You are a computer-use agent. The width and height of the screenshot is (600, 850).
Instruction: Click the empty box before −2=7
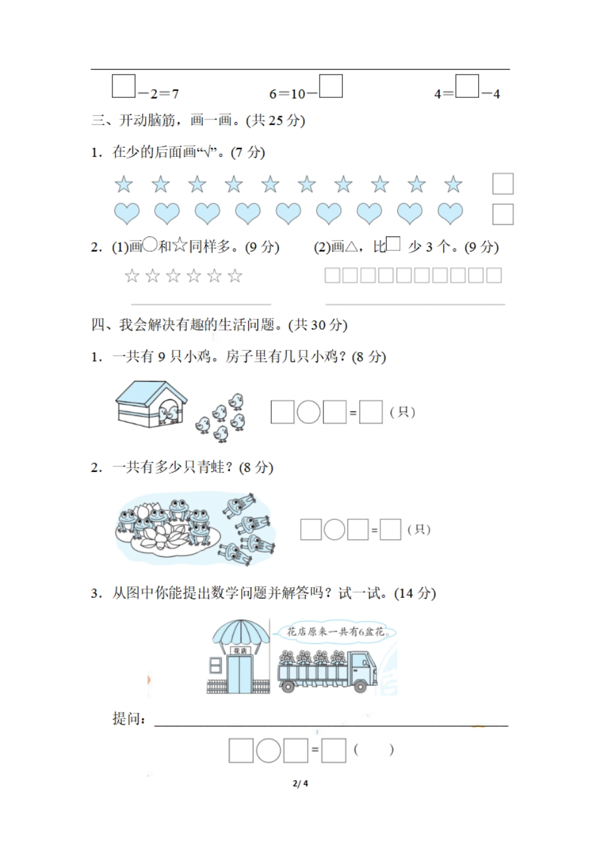click(123, 87)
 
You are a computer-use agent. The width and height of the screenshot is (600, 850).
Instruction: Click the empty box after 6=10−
click(331, 87)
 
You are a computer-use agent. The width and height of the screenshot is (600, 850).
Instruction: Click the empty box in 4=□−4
click(467, 87)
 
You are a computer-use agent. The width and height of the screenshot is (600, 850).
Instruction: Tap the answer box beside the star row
click(503, 184)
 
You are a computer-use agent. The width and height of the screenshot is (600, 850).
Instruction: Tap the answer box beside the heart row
click(503, 214)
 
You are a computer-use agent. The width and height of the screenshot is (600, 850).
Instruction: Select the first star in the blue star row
click(124, 185)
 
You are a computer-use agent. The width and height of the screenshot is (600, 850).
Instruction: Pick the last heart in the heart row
click(450, 214)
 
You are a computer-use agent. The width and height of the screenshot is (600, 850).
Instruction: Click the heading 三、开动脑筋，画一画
click(198, 120)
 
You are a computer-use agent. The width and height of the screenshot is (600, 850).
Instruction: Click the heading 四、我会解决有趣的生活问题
click(219, 325)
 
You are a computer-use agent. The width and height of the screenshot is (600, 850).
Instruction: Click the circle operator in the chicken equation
click(309, 412)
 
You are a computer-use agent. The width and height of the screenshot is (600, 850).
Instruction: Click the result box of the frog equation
click(390, 530)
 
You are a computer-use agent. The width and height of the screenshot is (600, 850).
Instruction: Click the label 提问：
click(129, 719)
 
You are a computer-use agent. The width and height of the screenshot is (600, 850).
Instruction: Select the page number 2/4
click(301, 784)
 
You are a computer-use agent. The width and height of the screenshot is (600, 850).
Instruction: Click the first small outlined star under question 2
click(131, 276)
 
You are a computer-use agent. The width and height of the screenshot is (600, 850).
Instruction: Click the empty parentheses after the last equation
click(374, 750)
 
